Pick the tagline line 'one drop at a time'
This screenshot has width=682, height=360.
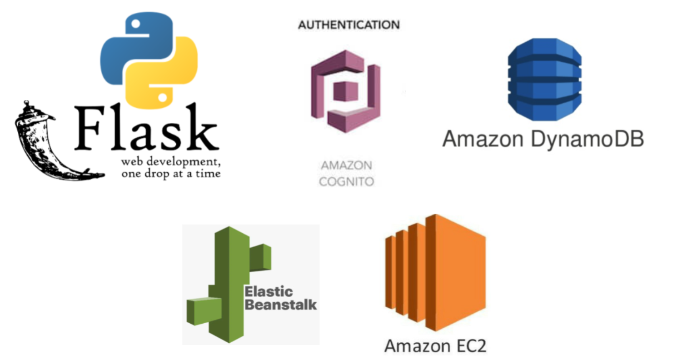[171, 174]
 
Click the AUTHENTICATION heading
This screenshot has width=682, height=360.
[348, 25]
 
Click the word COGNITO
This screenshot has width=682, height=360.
[346, 182]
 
